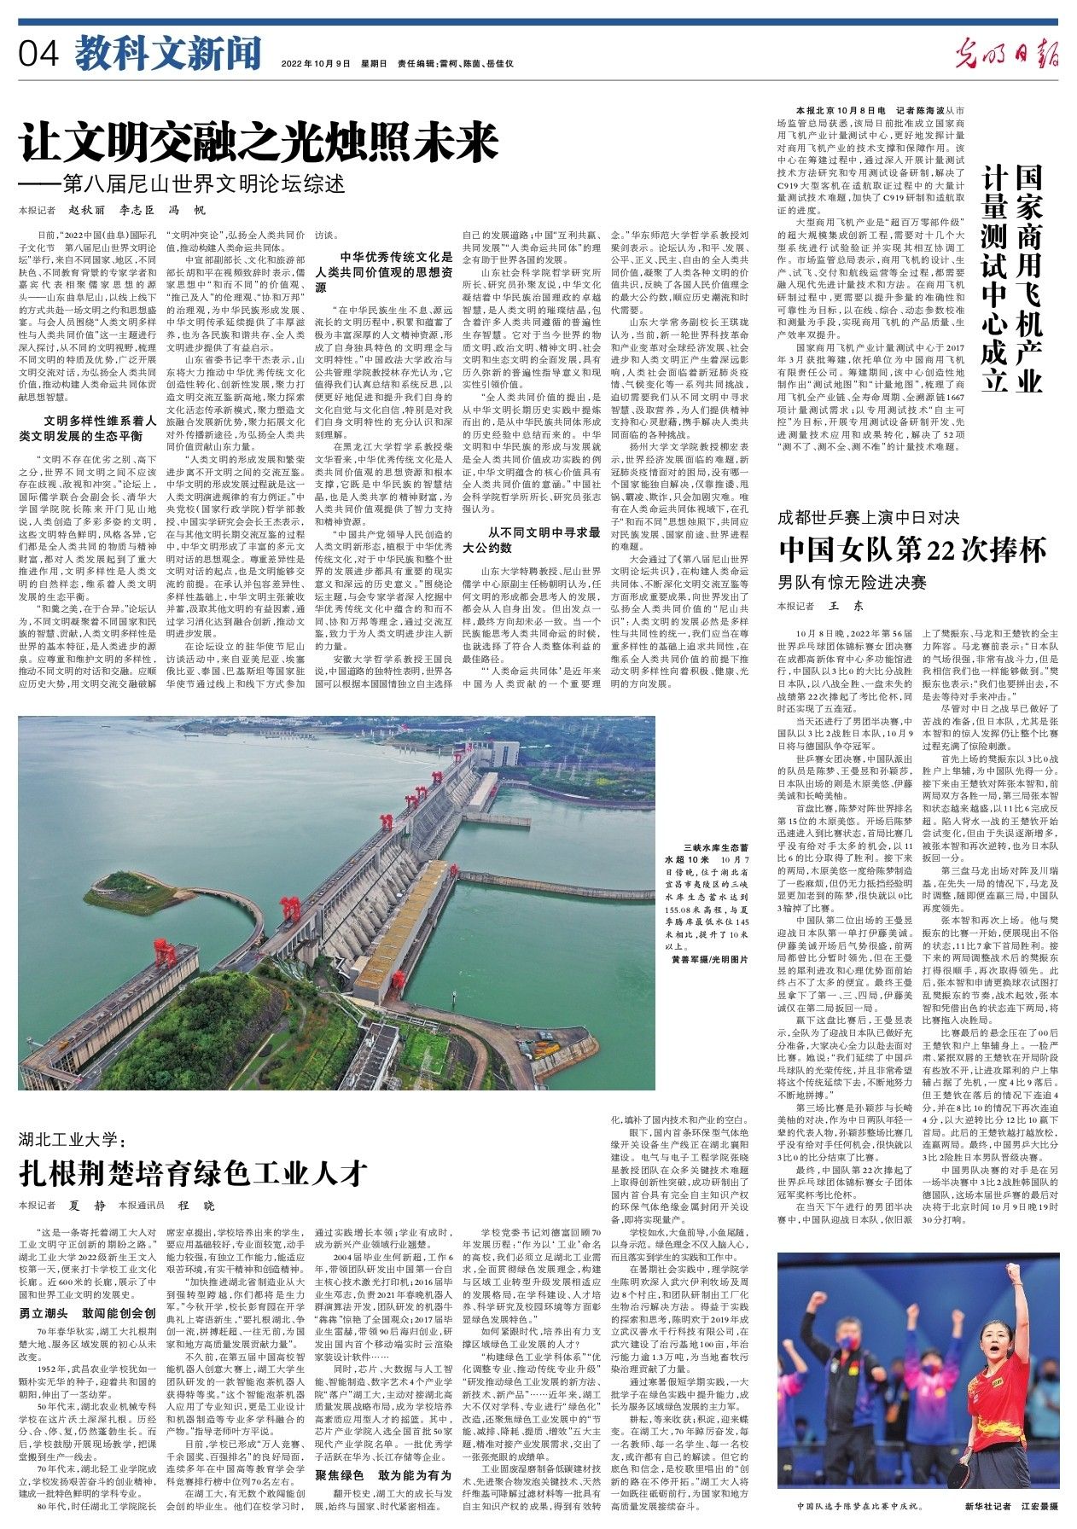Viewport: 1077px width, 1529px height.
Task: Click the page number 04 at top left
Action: pos(38,55)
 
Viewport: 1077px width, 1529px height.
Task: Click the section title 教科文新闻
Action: pos(167,55)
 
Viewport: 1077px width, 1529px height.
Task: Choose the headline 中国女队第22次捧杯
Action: pos(911,549)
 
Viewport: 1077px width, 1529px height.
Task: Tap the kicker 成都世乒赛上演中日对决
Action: pos(868,517)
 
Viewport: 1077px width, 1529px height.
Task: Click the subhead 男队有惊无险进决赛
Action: pos(852,583)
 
